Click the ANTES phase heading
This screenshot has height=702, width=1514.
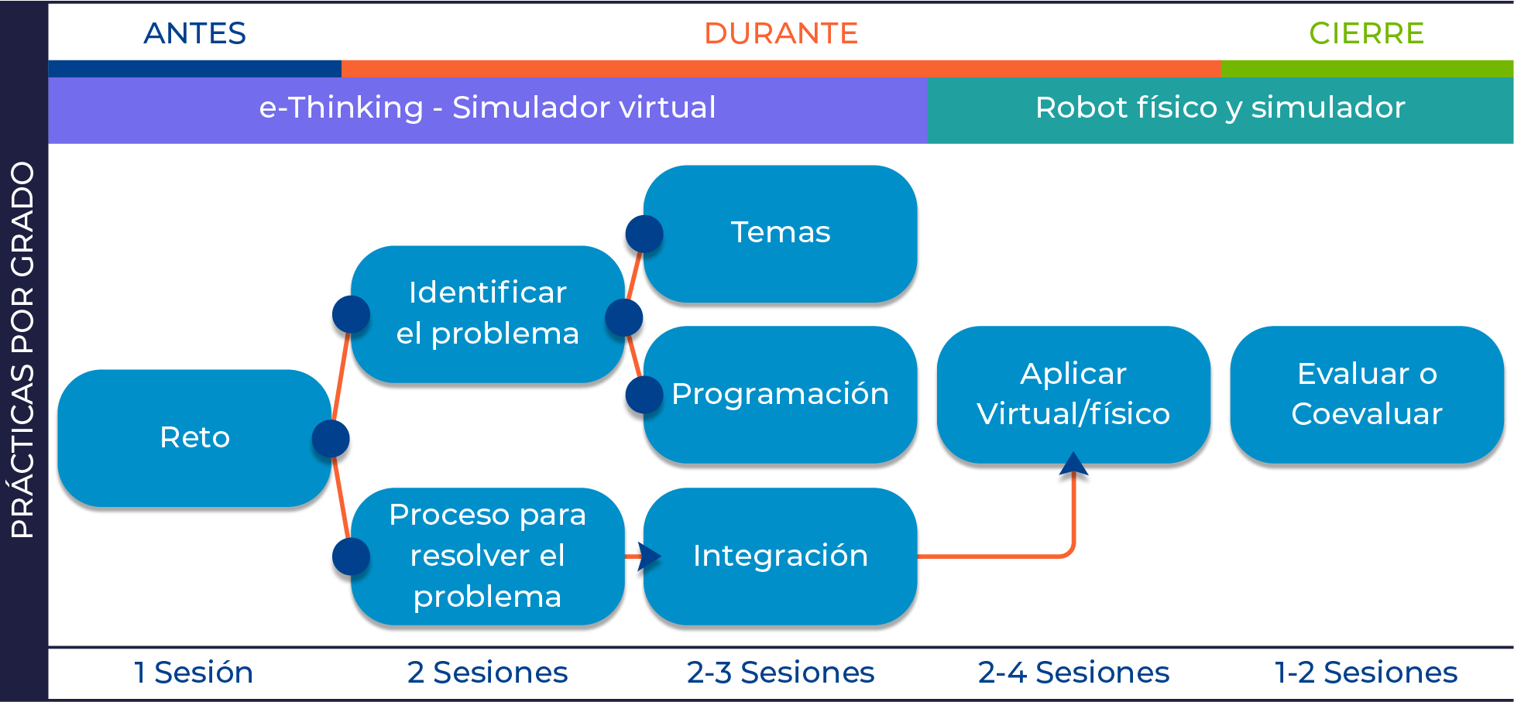pyautogui.click(x=194, y=33)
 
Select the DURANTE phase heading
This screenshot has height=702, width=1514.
pyautogui.click(x=781, y=33)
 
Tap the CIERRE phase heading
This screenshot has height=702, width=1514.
pyautogui.click(x=1366, y=33)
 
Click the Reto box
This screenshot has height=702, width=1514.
pyautogui.click(x=194, y=437)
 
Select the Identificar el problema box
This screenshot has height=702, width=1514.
pyautogui.click(x=487, y=313)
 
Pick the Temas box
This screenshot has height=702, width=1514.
pyautogui.click(x=781, y=232)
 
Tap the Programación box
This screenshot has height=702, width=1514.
pyautogui.click(x=781, y=394)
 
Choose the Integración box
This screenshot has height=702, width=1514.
pyautogui.click(x=781, y=556)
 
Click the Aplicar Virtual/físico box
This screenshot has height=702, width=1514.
pyautogui.click(x=1073, y=394)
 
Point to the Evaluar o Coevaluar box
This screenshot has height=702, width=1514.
pyautogui.click(x=1367, y=394)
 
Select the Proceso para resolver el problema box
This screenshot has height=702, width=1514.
pyautogui.click(x=487, y=556)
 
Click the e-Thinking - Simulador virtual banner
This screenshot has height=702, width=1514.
pyautogui.click(x=487, y=108)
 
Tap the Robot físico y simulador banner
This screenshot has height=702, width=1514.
pyautogui.click(x=1220, y=108)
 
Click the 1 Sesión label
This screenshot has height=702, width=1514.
pyautogui.click(x=194, y=673)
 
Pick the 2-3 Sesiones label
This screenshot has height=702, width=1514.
pyautogui.click(x=781, y=673)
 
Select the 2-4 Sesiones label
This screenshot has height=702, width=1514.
pyautogui.click(x=1073, y=673)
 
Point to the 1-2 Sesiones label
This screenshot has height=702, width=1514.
pyautogui.click(x=1366, y=673)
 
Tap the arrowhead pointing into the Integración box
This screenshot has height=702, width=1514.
pyautogui.click(x=648, y=556)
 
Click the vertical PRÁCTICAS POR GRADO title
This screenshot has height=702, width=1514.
pyautogui.click(x=23, y=350)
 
